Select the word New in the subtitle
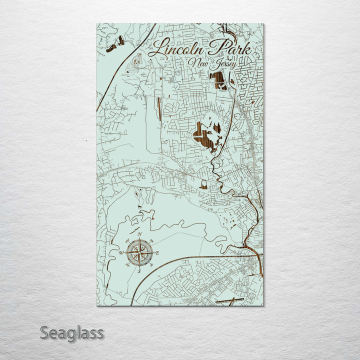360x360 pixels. tap(198, 62)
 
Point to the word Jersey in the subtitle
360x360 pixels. tap(222, 65)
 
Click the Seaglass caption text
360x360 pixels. tap(71, 332)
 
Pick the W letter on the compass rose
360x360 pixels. tap(120, 253)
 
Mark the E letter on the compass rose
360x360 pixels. tap(157, 253)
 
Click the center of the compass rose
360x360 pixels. tap(139, 253)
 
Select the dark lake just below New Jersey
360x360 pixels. tap(217, 80)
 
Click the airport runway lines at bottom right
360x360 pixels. tap(229, 300)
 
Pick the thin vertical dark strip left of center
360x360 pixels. tap(159, 108)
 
